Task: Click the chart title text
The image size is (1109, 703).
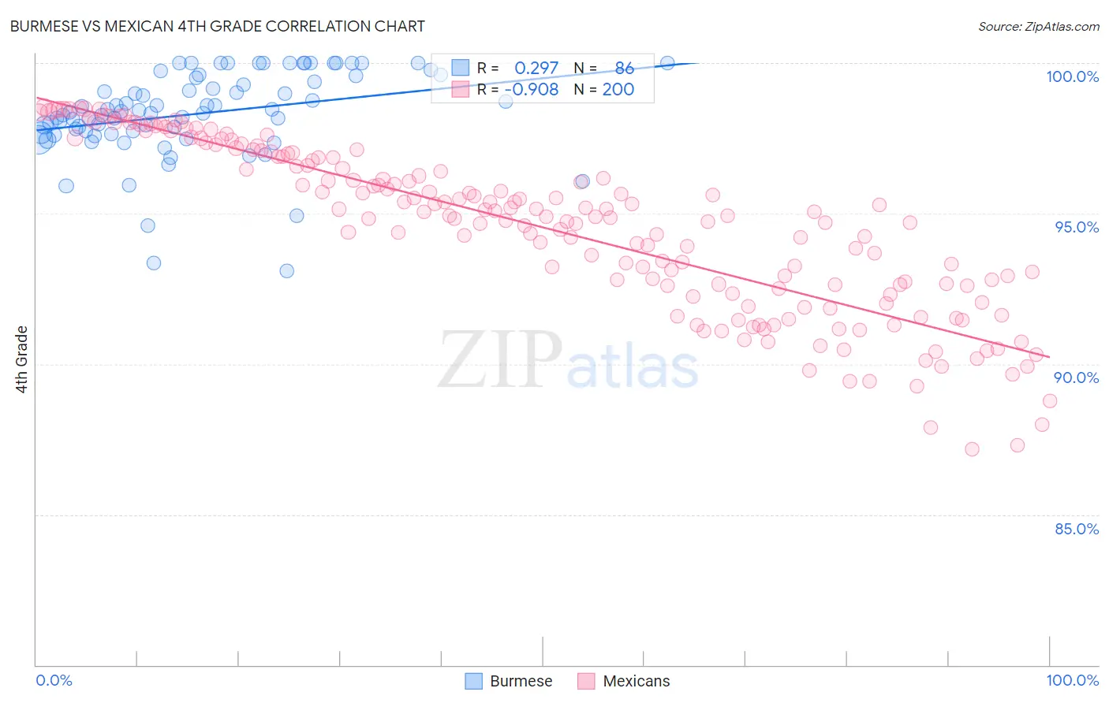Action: point(217,26)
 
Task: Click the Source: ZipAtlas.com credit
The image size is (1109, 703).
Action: point(1038,27)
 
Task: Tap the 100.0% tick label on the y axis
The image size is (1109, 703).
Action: point(1072,76)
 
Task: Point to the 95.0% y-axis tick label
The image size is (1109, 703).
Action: point(1077,227)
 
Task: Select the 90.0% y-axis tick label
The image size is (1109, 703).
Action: point(1076,378)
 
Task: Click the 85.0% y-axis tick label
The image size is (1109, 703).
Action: point(1076,529)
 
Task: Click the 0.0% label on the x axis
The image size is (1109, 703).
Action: point(54,680)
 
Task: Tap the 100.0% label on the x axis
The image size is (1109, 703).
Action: point(1072,680)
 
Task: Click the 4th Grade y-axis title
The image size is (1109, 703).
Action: point(22,359)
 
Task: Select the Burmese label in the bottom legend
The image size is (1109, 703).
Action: point(521,681)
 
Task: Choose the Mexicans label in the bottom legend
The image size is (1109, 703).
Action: point(636,681)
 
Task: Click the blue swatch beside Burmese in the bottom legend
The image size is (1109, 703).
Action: point(473,681)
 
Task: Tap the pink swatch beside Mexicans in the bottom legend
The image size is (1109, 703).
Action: point(586,681)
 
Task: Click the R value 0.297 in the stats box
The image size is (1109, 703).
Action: point(536,69)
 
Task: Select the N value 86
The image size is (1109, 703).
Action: point(625,69)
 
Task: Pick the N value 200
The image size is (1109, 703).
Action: point(618,89)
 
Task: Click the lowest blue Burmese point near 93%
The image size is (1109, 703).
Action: point(287,271)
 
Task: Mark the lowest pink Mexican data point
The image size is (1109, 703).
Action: point(972,449)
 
